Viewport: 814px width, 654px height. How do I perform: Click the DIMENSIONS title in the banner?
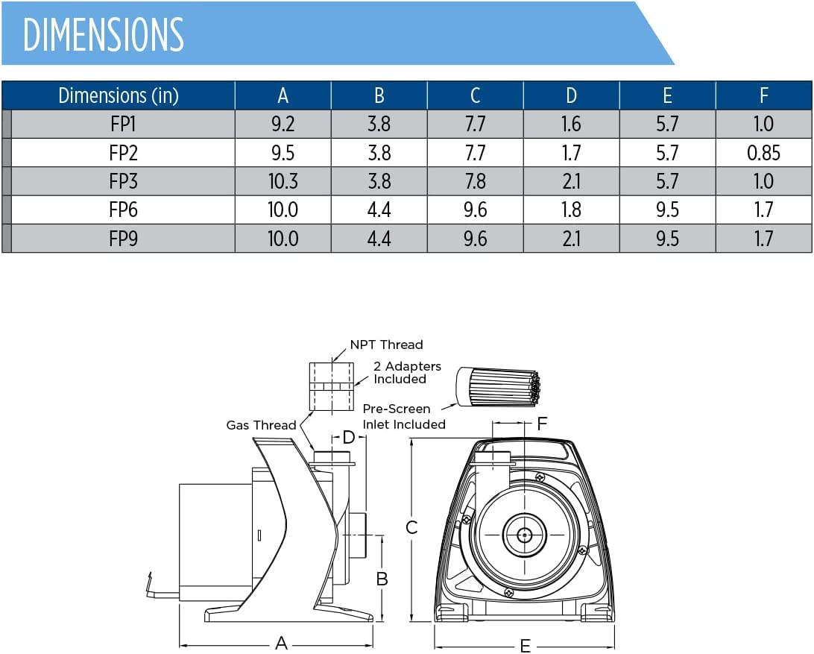click(104, 34)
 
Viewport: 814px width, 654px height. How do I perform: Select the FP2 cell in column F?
click(763, 153)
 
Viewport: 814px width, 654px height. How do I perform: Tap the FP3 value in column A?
click(283, 181)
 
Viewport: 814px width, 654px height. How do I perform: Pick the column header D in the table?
click(571, 95)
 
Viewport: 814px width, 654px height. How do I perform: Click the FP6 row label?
click(123, 210)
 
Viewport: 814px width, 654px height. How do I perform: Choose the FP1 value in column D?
click(571, 124)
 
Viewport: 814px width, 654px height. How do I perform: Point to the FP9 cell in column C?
click(475, 239)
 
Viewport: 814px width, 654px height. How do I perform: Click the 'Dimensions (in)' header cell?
click(119, 95)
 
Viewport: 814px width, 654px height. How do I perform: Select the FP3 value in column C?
click(475, 181)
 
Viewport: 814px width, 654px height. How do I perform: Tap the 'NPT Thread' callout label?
click(386, 345)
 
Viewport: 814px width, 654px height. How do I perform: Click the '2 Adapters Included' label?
click(407, 372)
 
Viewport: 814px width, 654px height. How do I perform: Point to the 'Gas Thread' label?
click(261, 425)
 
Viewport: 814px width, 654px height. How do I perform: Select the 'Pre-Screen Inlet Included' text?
click(404, 417)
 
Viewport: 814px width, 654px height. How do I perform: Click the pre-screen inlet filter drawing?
click(498, 386)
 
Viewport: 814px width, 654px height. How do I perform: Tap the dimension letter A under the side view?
click(281, 643)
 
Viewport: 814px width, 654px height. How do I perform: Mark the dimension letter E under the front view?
click(525, 646)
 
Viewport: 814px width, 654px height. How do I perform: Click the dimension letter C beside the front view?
click(411, 528)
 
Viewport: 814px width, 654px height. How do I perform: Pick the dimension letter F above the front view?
click(542, 424)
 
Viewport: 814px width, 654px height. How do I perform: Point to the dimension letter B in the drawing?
click(382, 579)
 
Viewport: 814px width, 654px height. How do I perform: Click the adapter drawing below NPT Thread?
click(332, 386)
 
